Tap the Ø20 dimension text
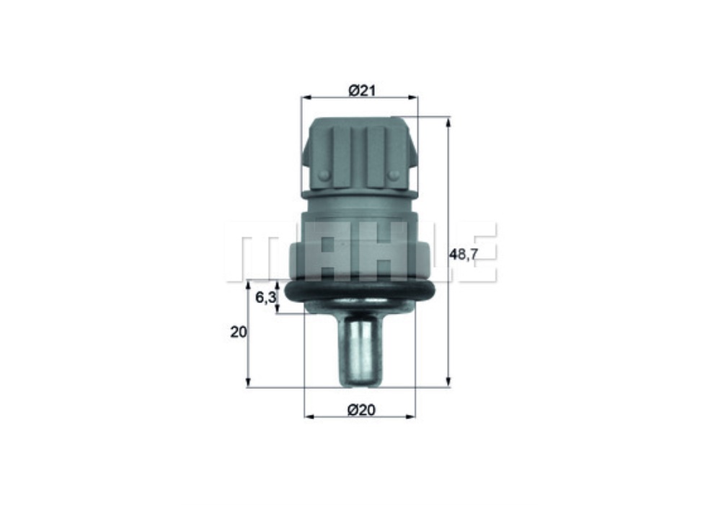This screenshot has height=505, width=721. [x=361, y=410]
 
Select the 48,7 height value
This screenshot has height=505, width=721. [x=464, y=255]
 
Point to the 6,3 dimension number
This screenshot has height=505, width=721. [x=265, y=297]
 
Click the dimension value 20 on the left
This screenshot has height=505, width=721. [x=238, y=333]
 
